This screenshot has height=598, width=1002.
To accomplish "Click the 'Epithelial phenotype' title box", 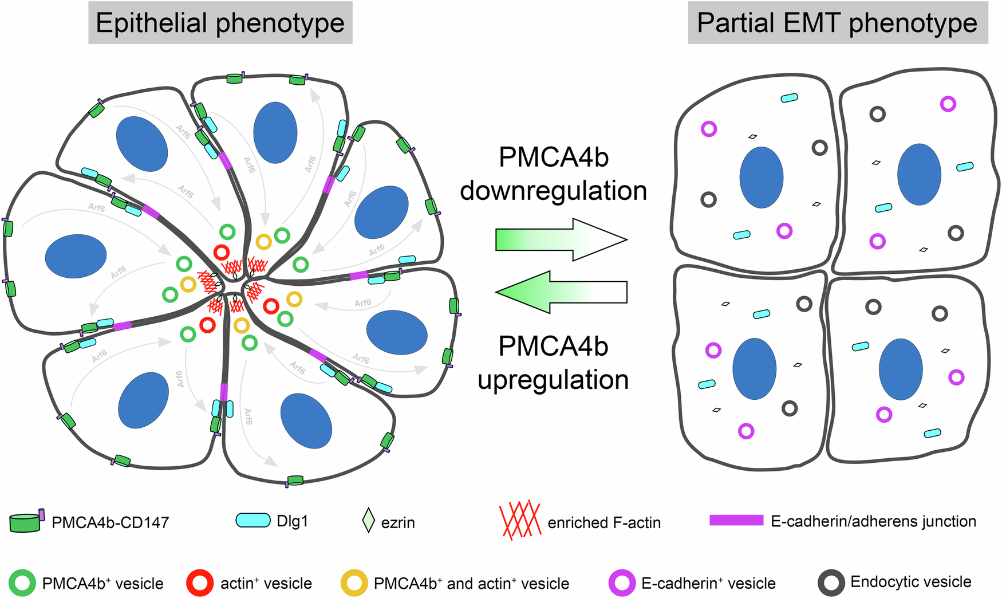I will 220,23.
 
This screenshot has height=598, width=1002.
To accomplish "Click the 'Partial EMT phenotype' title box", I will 837,23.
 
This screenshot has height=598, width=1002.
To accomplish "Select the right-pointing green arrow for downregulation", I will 561,239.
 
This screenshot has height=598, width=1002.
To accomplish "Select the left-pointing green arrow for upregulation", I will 561,292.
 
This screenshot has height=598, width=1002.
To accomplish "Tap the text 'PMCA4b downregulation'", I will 553,174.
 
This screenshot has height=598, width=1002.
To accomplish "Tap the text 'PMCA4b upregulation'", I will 553,363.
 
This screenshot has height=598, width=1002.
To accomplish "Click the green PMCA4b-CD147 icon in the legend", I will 26,522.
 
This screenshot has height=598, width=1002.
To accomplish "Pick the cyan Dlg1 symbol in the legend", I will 253,520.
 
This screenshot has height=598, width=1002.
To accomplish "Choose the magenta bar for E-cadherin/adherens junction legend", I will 736,521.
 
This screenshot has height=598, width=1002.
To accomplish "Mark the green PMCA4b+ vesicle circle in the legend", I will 22,584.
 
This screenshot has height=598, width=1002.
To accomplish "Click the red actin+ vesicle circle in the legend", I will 200,584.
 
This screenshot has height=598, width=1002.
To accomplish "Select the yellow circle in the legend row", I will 354,584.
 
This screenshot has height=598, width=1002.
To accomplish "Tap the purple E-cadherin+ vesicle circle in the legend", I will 622,584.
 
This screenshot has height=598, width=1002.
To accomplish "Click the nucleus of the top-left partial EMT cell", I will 761,178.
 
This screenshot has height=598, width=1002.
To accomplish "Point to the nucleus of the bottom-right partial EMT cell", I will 901,369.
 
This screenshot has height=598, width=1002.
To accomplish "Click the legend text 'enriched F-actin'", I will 604,523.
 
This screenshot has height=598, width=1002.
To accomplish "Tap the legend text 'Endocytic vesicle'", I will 910,582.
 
